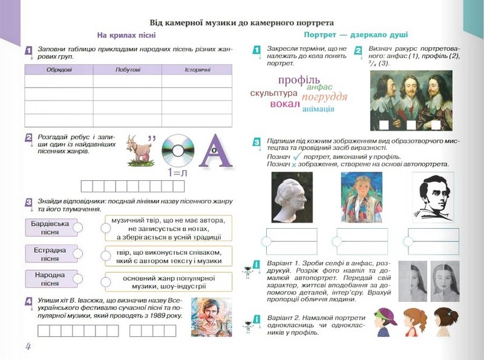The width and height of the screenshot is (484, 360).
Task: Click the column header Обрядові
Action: tap(59, 70)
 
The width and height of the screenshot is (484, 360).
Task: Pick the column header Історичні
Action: tap(198, 70)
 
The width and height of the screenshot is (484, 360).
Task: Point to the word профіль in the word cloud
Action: tap(298, 80)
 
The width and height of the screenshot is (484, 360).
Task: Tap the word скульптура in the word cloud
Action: tap(273, 93)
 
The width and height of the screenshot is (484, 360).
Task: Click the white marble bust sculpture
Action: tap(292, 198)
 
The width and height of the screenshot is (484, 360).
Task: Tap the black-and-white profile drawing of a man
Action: tap(433, 198)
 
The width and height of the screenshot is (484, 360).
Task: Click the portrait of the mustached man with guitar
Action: tap(211, 317)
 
